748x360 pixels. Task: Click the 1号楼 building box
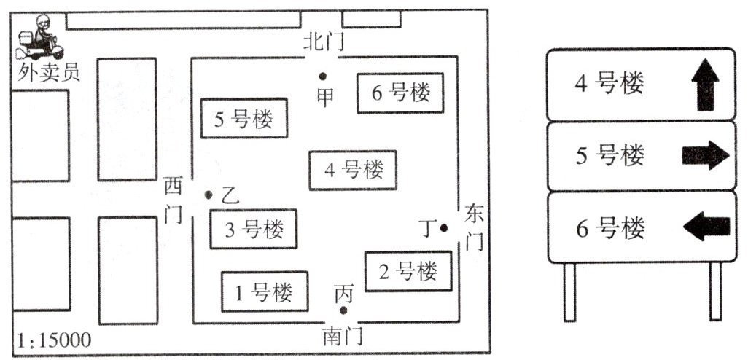[x=264, y=291]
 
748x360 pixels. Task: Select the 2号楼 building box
[x=408, y=272]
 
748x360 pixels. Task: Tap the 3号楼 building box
[x=254, y=230]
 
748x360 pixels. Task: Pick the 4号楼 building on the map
[x=353, y=171]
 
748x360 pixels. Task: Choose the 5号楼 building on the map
[x=244, y=117]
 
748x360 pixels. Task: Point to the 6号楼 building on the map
[x=400, y=93]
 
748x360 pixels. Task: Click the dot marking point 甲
[x=322, y=76]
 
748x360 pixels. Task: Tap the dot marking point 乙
[x=209, y=195]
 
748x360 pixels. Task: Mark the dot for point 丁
[x=443, y=228]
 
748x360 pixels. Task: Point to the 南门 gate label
[x=342, y=337]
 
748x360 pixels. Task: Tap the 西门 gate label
[x=174, y=200]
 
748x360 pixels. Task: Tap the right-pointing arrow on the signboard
[x=704, y=154]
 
